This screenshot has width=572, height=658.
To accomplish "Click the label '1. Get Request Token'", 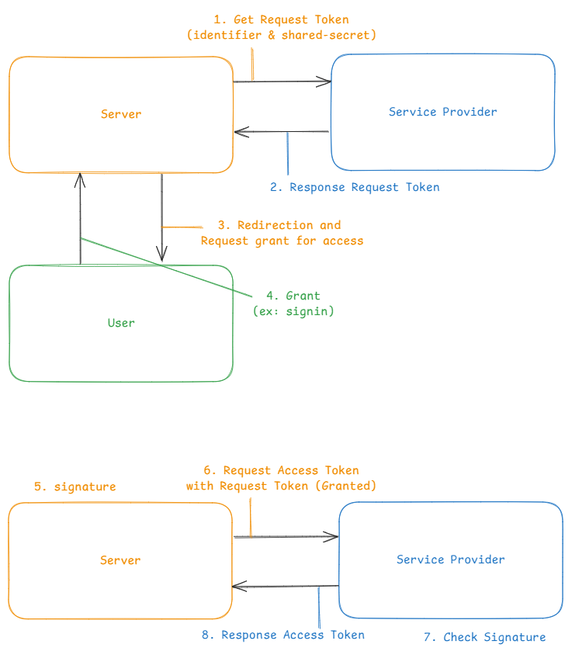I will click(280, 19).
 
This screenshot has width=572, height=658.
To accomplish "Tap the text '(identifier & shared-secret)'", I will click(280, 35).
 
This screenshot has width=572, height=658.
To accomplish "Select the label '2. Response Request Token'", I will click(355, 187).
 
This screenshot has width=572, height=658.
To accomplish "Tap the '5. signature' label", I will click(75, 487).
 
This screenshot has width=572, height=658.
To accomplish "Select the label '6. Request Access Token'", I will click(280, 470).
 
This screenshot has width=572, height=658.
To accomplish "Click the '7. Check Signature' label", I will click(484, 637).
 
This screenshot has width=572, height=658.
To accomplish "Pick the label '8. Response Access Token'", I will click(283, 635).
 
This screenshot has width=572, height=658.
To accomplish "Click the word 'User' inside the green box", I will click(121, 323).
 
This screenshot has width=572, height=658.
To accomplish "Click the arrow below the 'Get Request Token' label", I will click(283, 81).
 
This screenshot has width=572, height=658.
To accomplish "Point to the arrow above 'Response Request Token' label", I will click(283, 132).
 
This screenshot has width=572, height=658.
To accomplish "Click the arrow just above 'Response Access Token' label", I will click(286, 587).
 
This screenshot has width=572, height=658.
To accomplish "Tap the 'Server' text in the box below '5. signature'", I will click(120, 560).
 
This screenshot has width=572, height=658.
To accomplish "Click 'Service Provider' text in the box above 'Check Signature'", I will click(450, 559).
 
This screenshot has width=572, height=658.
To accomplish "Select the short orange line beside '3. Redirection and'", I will click(183, 227).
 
